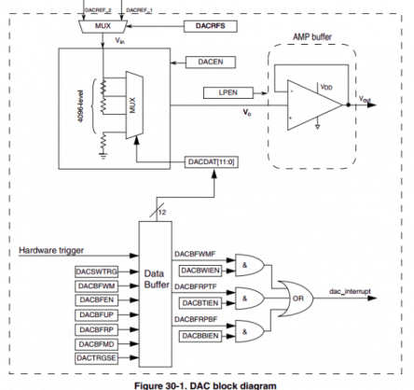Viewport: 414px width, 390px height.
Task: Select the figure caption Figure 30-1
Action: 207,383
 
